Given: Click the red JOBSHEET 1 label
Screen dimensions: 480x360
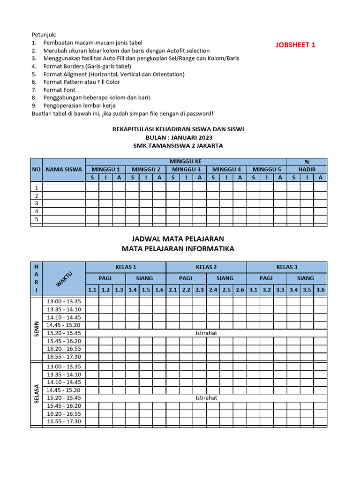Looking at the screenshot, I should click(x=295, y=45).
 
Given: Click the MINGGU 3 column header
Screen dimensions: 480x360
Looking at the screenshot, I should click(x=186, y=169).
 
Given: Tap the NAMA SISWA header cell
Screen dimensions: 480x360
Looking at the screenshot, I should click(x=64, y=169).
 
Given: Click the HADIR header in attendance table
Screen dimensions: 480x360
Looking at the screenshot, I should click(x=307, y=169).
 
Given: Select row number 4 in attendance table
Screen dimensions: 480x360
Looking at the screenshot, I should click(x=37, y=211).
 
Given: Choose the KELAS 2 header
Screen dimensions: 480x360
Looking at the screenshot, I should click(x=206, y=267).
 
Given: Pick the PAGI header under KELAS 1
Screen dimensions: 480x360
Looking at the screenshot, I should click(x=105, y=278).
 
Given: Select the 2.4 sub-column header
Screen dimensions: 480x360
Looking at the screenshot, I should click(x=213, y=290).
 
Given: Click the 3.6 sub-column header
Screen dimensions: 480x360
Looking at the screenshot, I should click(x=321, y=290).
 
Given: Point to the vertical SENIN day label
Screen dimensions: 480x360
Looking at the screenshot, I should click(x=36, y=329).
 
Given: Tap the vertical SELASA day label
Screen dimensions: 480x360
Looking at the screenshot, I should click(x=36, y=394).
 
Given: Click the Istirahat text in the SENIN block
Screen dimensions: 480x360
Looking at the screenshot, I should click(x=206, y=333).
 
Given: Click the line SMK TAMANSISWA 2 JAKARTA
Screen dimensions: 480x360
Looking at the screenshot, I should click(x=178, y=146).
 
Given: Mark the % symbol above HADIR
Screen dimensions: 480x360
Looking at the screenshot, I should click(x=307, y=161).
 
